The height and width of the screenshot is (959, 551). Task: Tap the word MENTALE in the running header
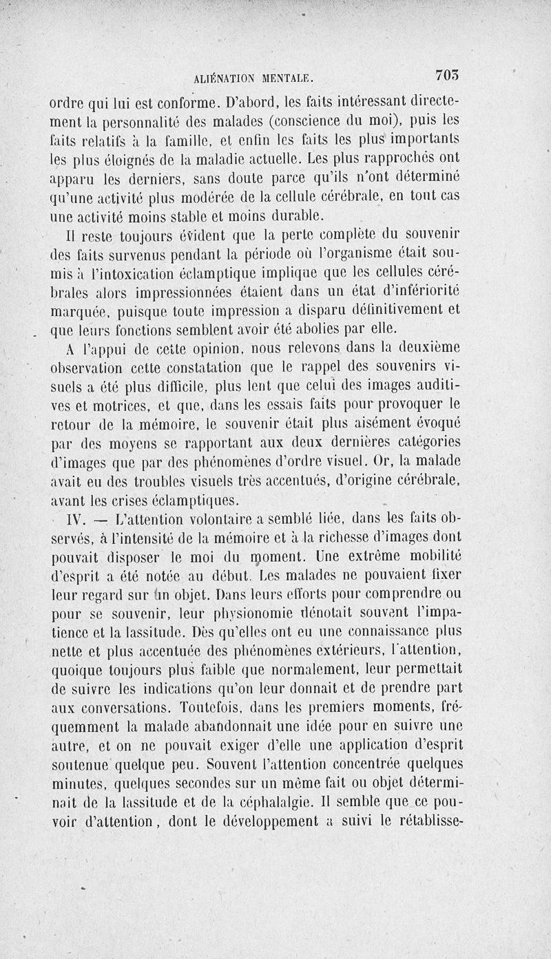[284, 78]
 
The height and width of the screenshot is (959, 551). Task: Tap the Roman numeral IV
[71, 518]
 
